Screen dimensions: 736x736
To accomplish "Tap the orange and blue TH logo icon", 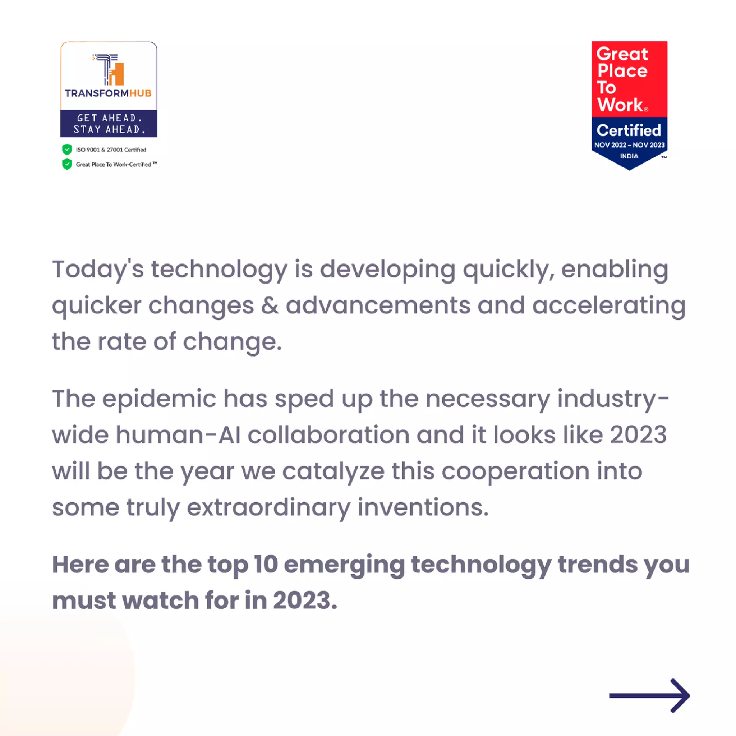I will point(109,69).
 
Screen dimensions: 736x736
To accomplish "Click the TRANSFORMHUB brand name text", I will point(108,93).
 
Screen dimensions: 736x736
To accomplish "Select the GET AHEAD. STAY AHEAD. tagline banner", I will point(109,123).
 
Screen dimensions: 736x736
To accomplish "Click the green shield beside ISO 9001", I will point(67,149).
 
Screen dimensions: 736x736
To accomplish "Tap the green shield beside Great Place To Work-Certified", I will point(67,164).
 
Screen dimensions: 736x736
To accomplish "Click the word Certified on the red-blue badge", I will point(629,130).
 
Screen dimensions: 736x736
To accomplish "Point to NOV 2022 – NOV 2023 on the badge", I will point(629,145).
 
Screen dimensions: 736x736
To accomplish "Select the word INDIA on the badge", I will point(629,156).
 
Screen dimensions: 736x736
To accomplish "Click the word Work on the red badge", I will point(620,105).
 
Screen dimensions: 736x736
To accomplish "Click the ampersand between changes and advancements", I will point(270,305).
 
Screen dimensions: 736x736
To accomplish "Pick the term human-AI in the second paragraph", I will point(178,435).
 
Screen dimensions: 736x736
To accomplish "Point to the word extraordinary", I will point(268,508).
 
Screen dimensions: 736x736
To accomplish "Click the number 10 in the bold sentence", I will point(266,564).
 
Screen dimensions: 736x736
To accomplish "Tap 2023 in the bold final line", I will point(304,601).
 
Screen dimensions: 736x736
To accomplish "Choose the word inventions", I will point(423,507).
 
